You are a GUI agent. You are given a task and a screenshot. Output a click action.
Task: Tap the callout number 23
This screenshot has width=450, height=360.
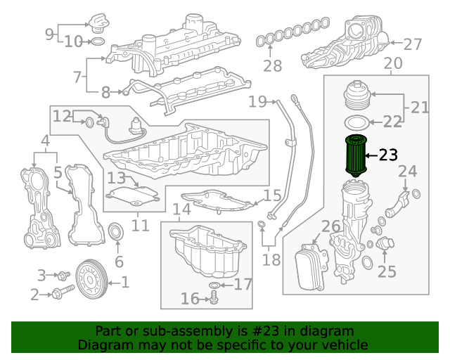tap(388, 155)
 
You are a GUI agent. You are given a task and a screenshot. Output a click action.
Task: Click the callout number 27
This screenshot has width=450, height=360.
tap(413, 44)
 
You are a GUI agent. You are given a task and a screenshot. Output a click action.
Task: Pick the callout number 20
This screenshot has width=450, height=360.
tap(393, 63)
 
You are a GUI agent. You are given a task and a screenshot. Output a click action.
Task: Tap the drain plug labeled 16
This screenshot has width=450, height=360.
tap(214, 300)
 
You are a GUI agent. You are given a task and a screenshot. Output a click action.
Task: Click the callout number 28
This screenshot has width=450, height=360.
tap(272, 67)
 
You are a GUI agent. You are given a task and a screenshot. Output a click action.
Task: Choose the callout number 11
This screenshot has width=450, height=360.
tap(141, 225)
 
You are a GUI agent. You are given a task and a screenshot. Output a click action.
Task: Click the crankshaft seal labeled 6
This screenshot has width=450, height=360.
tap(116, 231)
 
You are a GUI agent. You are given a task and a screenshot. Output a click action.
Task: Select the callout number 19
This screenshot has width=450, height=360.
tap(257, 101)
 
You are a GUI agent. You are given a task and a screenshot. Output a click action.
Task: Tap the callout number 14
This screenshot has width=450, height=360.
tap(181, 210)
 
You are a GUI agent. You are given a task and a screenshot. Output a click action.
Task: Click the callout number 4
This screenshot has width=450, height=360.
tap(45, 142)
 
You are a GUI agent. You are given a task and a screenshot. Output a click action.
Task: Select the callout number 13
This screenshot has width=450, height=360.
tap(116, 178)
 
